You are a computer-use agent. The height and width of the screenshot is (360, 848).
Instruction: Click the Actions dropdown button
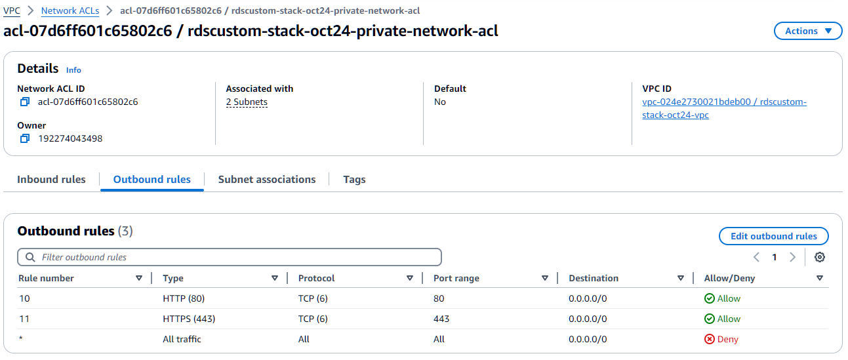tap(808, 31)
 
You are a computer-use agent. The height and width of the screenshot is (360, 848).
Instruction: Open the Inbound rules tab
tap(51, 180)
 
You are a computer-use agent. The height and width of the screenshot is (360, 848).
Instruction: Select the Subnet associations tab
tap(267, 180)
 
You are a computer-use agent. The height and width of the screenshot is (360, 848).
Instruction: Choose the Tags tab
tap(354, 180)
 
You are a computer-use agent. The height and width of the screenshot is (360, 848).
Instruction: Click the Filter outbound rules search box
tap(230, 257)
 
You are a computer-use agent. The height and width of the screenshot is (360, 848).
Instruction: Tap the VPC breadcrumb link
tap(12, 11)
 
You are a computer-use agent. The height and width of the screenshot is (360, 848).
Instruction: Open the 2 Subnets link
tap(247, 102)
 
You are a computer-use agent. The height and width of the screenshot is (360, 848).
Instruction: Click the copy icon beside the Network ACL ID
tap(25, 102)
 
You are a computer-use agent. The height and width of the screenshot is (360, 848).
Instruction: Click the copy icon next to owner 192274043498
tap(25, 138)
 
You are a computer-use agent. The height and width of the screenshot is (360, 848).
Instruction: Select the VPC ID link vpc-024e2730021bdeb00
tap(724, 102)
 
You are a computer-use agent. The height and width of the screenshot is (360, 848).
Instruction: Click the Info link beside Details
tap(73, 70)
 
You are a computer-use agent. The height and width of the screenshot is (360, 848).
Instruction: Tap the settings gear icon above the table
tap(819, 257)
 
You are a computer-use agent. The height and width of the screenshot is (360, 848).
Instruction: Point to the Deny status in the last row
tap(721, 340)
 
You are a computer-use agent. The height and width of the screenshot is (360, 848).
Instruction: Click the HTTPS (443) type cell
tap(189, 319)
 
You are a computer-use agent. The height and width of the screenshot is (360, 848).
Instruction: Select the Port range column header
tap(456, 279)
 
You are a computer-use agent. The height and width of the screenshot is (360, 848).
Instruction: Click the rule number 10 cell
tap(24, 299)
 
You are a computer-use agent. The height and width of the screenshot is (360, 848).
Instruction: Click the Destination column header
tap(594, 279)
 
